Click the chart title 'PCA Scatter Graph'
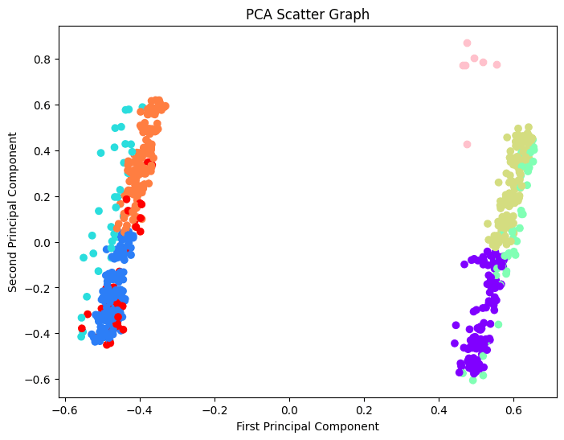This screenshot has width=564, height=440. [308, 14]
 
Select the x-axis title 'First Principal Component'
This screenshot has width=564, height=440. [308, 426]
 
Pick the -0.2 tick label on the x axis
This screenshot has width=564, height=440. [215, 409]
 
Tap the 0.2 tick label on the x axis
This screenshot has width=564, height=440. [364, 409]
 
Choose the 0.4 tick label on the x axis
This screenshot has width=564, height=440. [439, 409]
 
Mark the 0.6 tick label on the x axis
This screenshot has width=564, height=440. [513, 409]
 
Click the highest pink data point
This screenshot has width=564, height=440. [467, 43]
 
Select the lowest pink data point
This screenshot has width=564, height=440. [467, 145]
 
